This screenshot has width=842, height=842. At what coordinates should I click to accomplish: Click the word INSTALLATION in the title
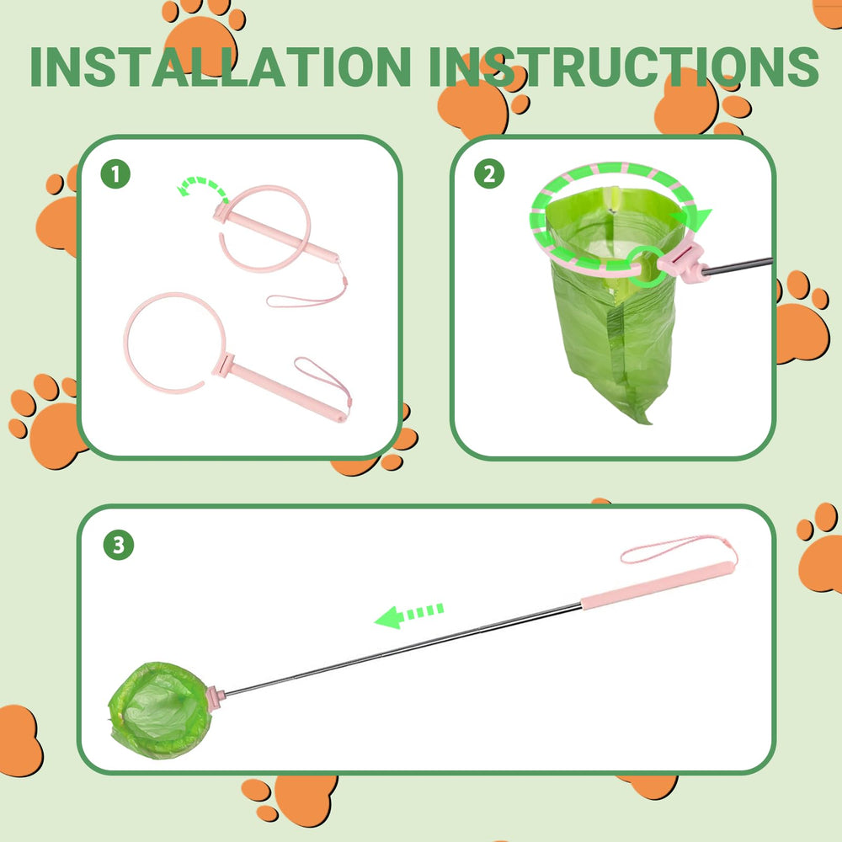tap(220, 67)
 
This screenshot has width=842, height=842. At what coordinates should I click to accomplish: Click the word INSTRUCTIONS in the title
tap(623, 67)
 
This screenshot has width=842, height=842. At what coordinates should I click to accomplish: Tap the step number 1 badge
tap(115, 173)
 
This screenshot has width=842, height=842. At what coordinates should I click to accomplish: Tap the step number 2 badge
tap(489, 173)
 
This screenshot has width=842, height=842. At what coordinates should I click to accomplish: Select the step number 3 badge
tap(118, 545)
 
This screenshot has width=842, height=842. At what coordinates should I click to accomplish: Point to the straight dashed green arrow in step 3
tap(409, 615)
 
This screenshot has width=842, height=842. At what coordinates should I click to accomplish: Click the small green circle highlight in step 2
tap(647, 266)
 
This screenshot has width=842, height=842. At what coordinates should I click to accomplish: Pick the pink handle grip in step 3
tap(657, 585)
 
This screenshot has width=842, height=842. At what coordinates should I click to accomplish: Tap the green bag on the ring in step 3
tap(159, 710)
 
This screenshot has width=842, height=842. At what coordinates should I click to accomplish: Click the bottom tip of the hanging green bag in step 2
tap(646, 420)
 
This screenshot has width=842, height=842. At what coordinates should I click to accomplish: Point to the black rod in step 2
tap(738, 266)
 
